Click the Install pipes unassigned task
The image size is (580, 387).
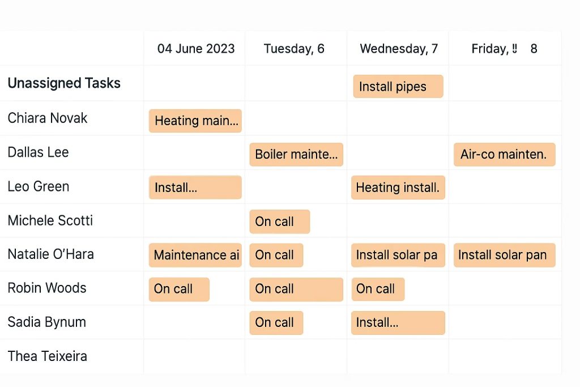tap(398, 87)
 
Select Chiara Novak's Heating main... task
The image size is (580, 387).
tap(195, 121)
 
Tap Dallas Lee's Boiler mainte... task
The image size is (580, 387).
tap(296, 154)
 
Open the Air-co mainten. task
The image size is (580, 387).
tap(505, 154)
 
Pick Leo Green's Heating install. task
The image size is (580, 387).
tap(398, 188)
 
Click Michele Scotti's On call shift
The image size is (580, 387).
tap(280, 222)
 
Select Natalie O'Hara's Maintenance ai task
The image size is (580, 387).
tap(195, 255)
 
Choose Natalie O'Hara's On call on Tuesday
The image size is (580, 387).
tap(276, 255)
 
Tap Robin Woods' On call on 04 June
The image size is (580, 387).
tap(179, 289)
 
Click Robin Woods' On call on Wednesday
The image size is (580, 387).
tap(378, 289)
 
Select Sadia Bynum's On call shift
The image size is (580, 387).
tap(276, 322)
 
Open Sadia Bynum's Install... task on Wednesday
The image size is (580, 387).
tap(398, 322)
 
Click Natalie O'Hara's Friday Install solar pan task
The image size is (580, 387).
tap(505, 255)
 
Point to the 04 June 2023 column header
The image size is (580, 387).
tap(196, 49)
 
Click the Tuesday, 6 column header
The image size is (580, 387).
tap(294, 49)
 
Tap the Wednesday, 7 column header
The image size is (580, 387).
tap(399, 49)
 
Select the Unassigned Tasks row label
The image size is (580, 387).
tap(64, 83)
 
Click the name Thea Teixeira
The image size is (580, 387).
tap(48, 356)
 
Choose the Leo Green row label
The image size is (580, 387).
tap(39, 186)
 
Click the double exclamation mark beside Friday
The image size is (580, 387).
tap(514, 48)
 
